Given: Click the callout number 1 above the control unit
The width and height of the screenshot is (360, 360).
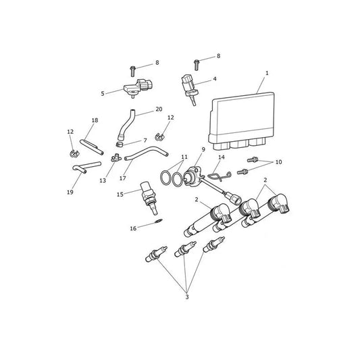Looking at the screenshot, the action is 267,73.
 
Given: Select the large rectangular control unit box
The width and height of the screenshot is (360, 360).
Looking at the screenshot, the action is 242,121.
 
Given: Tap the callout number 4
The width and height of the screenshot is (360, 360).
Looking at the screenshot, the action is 215,79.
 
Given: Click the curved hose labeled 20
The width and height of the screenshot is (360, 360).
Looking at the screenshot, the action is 125,125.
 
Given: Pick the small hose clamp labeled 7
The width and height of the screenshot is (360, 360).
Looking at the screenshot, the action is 120,145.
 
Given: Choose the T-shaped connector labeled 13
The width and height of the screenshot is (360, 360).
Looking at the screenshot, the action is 116,158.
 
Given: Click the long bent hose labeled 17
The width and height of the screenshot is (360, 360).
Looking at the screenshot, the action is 147,153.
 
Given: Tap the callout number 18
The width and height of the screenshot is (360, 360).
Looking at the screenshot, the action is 95,120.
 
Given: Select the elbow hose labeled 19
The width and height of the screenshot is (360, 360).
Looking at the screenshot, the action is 86,166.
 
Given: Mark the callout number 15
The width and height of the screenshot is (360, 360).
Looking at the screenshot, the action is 120,195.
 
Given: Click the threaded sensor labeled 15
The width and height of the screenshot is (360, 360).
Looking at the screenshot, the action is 149,198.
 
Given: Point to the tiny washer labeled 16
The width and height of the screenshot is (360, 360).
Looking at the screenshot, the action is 159,221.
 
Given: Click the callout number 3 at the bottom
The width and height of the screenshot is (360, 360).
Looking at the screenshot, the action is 187,297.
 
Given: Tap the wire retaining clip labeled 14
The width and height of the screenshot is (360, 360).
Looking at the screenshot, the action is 220,176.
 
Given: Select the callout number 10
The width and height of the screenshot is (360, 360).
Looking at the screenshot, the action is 278,162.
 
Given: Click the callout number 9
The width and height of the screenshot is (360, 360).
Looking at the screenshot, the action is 203,149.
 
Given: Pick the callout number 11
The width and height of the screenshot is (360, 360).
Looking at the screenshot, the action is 184,157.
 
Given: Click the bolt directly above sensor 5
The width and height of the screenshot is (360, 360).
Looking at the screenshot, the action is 132,71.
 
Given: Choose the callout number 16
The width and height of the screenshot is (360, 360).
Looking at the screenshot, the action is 133,228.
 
